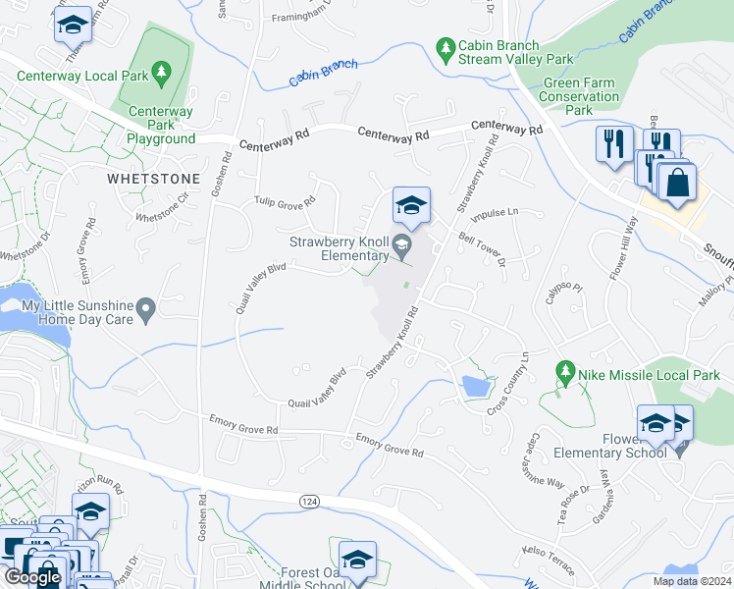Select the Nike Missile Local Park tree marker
point(564,372)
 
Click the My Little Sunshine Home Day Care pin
point(146,312)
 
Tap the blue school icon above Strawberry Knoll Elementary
point(411,205)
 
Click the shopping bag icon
point(676,184)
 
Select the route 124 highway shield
point(307,501)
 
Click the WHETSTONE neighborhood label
point(154,180)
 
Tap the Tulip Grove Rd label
point(285,201)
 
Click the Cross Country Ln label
point(508,384)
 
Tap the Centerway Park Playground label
point(161,125)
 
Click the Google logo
point(32,576)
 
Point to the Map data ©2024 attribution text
point(692,580)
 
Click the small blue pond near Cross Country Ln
point(475,387)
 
